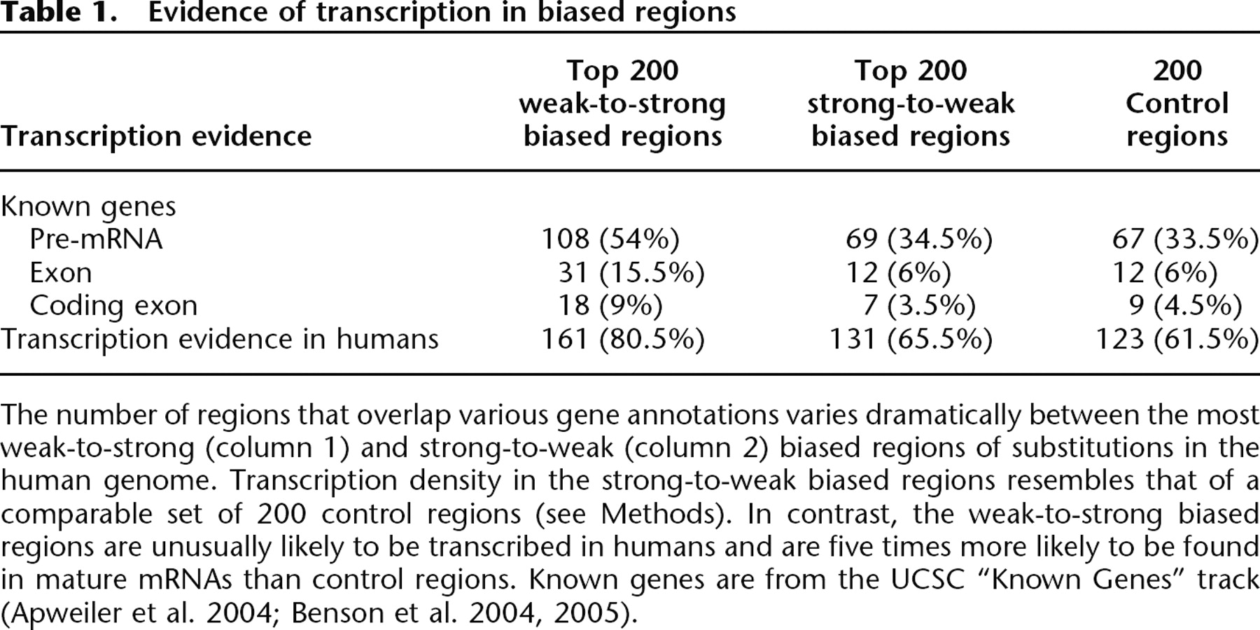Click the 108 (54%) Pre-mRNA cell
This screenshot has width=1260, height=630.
point(610,239)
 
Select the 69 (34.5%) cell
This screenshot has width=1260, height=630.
point(918,239)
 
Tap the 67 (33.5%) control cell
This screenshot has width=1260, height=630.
point(1185,239)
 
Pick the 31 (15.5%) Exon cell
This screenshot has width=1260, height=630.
point(631,272)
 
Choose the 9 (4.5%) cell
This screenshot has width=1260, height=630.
point(1185,305)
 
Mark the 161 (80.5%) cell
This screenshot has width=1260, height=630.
point(622,339)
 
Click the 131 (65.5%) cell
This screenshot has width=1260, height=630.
point(910,339)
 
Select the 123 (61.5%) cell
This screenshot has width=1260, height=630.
point(1177,339)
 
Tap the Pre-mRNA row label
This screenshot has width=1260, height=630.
point(96,239)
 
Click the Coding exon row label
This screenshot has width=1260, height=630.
point(113,305)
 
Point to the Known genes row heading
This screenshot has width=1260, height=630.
point(88,206)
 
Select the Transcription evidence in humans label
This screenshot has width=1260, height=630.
point(219,339)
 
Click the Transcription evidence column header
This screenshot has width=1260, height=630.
point(156,136)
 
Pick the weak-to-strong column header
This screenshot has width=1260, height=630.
point(622,104)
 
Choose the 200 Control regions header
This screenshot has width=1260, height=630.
point(1177,104)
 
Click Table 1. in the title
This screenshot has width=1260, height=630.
point(58,12)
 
